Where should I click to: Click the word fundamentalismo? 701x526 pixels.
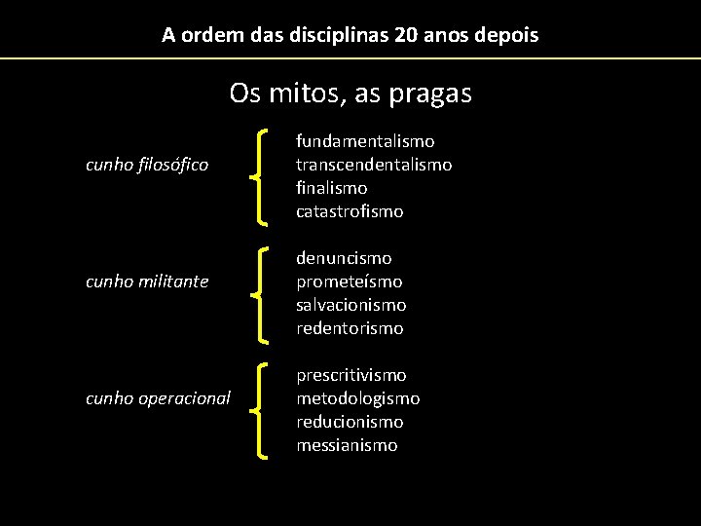365,141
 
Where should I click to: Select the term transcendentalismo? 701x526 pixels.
374,165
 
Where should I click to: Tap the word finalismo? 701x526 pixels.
332,188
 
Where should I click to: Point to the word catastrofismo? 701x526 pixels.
350,211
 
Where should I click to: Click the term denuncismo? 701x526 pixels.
344,258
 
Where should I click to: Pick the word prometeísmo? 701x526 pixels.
349,282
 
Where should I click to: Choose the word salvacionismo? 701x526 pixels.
351,305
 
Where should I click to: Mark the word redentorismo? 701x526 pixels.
350,328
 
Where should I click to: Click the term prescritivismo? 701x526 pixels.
351,375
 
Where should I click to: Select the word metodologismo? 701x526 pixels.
358,398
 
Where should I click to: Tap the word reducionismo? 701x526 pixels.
350,422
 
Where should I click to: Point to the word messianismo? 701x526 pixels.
347,445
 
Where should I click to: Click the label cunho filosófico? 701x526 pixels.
147,165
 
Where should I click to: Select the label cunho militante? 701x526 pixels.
147,282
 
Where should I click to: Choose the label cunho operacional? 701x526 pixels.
158,398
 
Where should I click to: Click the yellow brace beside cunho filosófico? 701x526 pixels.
260,176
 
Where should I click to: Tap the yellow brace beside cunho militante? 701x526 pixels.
260,293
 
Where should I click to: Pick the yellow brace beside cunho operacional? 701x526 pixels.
260,410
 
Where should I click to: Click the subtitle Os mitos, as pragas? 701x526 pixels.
350,94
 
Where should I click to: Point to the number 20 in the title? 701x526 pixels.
406,36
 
